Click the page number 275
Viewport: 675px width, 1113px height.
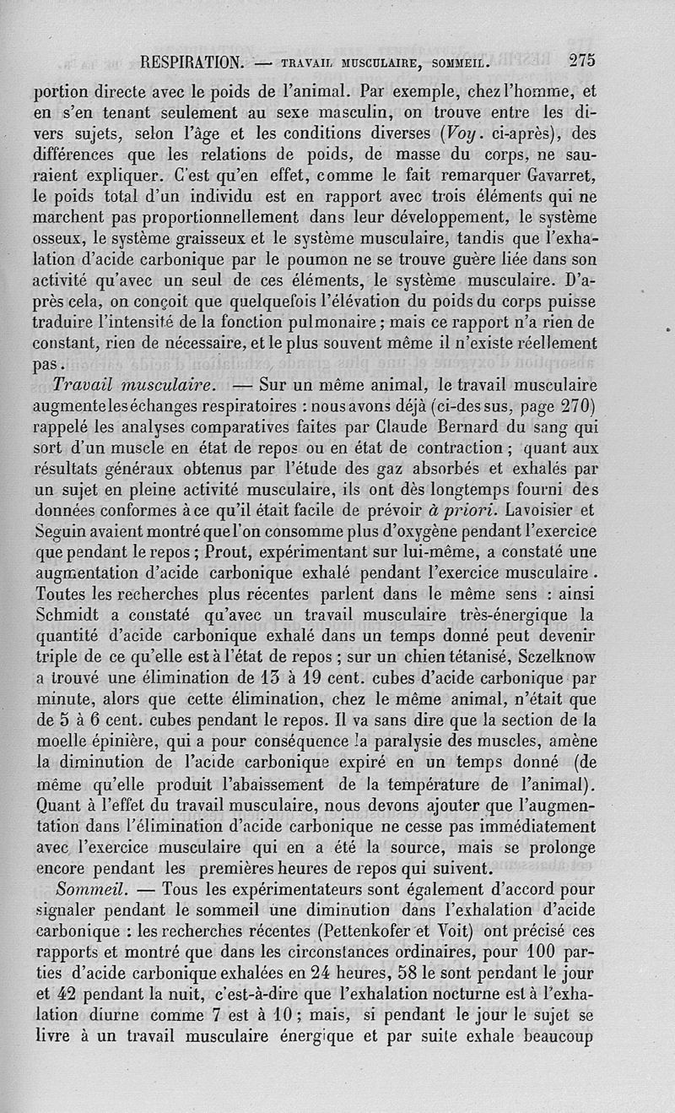[x=582, y=61]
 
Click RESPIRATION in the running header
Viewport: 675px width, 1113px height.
[x=193, y=62]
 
